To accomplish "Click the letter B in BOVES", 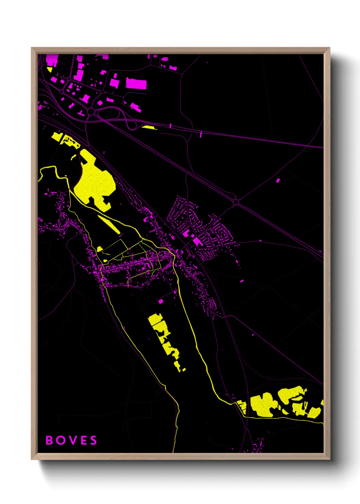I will [x=49, y=440].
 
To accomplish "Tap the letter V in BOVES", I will [x=72, y=440].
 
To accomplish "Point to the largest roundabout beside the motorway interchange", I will [x=91, y=111].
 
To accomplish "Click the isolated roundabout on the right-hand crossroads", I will [x=235, y=202].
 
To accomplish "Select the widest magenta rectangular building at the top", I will [x=136, y=83].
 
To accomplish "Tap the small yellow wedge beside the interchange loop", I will [x=149, y=127].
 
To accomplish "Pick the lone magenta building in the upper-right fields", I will [x=278, y=180].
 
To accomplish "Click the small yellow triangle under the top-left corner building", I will [x=50, y=69].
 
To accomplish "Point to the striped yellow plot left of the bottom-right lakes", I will [x=242, y=406].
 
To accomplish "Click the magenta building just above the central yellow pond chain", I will [x=161, y=301].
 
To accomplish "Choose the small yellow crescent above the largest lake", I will [x=73, y=157].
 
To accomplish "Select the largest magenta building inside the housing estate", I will [x=197, y=242].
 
